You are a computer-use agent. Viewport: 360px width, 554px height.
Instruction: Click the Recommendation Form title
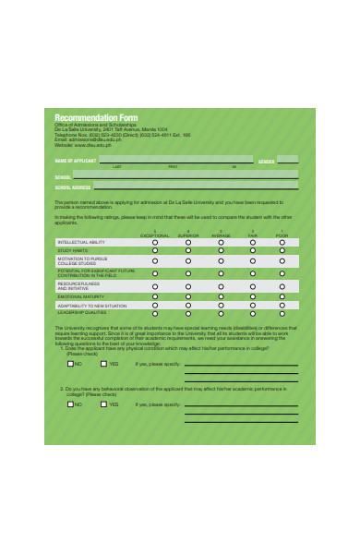click(x=96, y=118)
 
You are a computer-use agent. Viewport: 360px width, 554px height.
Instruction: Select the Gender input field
click(x=287, y=160)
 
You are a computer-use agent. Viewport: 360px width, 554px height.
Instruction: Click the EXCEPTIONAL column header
click(x=155, y=235)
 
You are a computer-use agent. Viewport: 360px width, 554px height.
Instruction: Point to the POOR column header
click(x=282, y=235)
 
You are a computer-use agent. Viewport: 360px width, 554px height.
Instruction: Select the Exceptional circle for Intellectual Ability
click(x=155, y=242)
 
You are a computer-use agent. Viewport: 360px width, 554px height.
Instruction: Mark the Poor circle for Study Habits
click(x=282, y=250)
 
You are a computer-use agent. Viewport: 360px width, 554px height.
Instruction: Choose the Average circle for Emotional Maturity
click(x=221, y=296)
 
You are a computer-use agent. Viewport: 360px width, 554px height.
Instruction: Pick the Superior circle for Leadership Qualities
click(x=188, y=313)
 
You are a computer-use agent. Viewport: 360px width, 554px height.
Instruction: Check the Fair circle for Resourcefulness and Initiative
click(x=252, y=286)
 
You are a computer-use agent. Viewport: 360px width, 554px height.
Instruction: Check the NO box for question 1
click(x=70, y=365)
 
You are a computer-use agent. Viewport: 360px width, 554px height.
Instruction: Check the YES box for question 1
click(x=104, y=365)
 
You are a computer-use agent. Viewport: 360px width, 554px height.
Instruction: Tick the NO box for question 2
click(x=70, y=403)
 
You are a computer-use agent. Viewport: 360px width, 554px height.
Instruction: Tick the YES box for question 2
click(x=104, y=403)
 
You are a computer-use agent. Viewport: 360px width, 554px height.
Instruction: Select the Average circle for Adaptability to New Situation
click(x=221, y=305)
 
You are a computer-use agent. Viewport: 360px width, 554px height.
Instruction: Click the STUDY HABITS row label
click(x=74, y=250)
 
